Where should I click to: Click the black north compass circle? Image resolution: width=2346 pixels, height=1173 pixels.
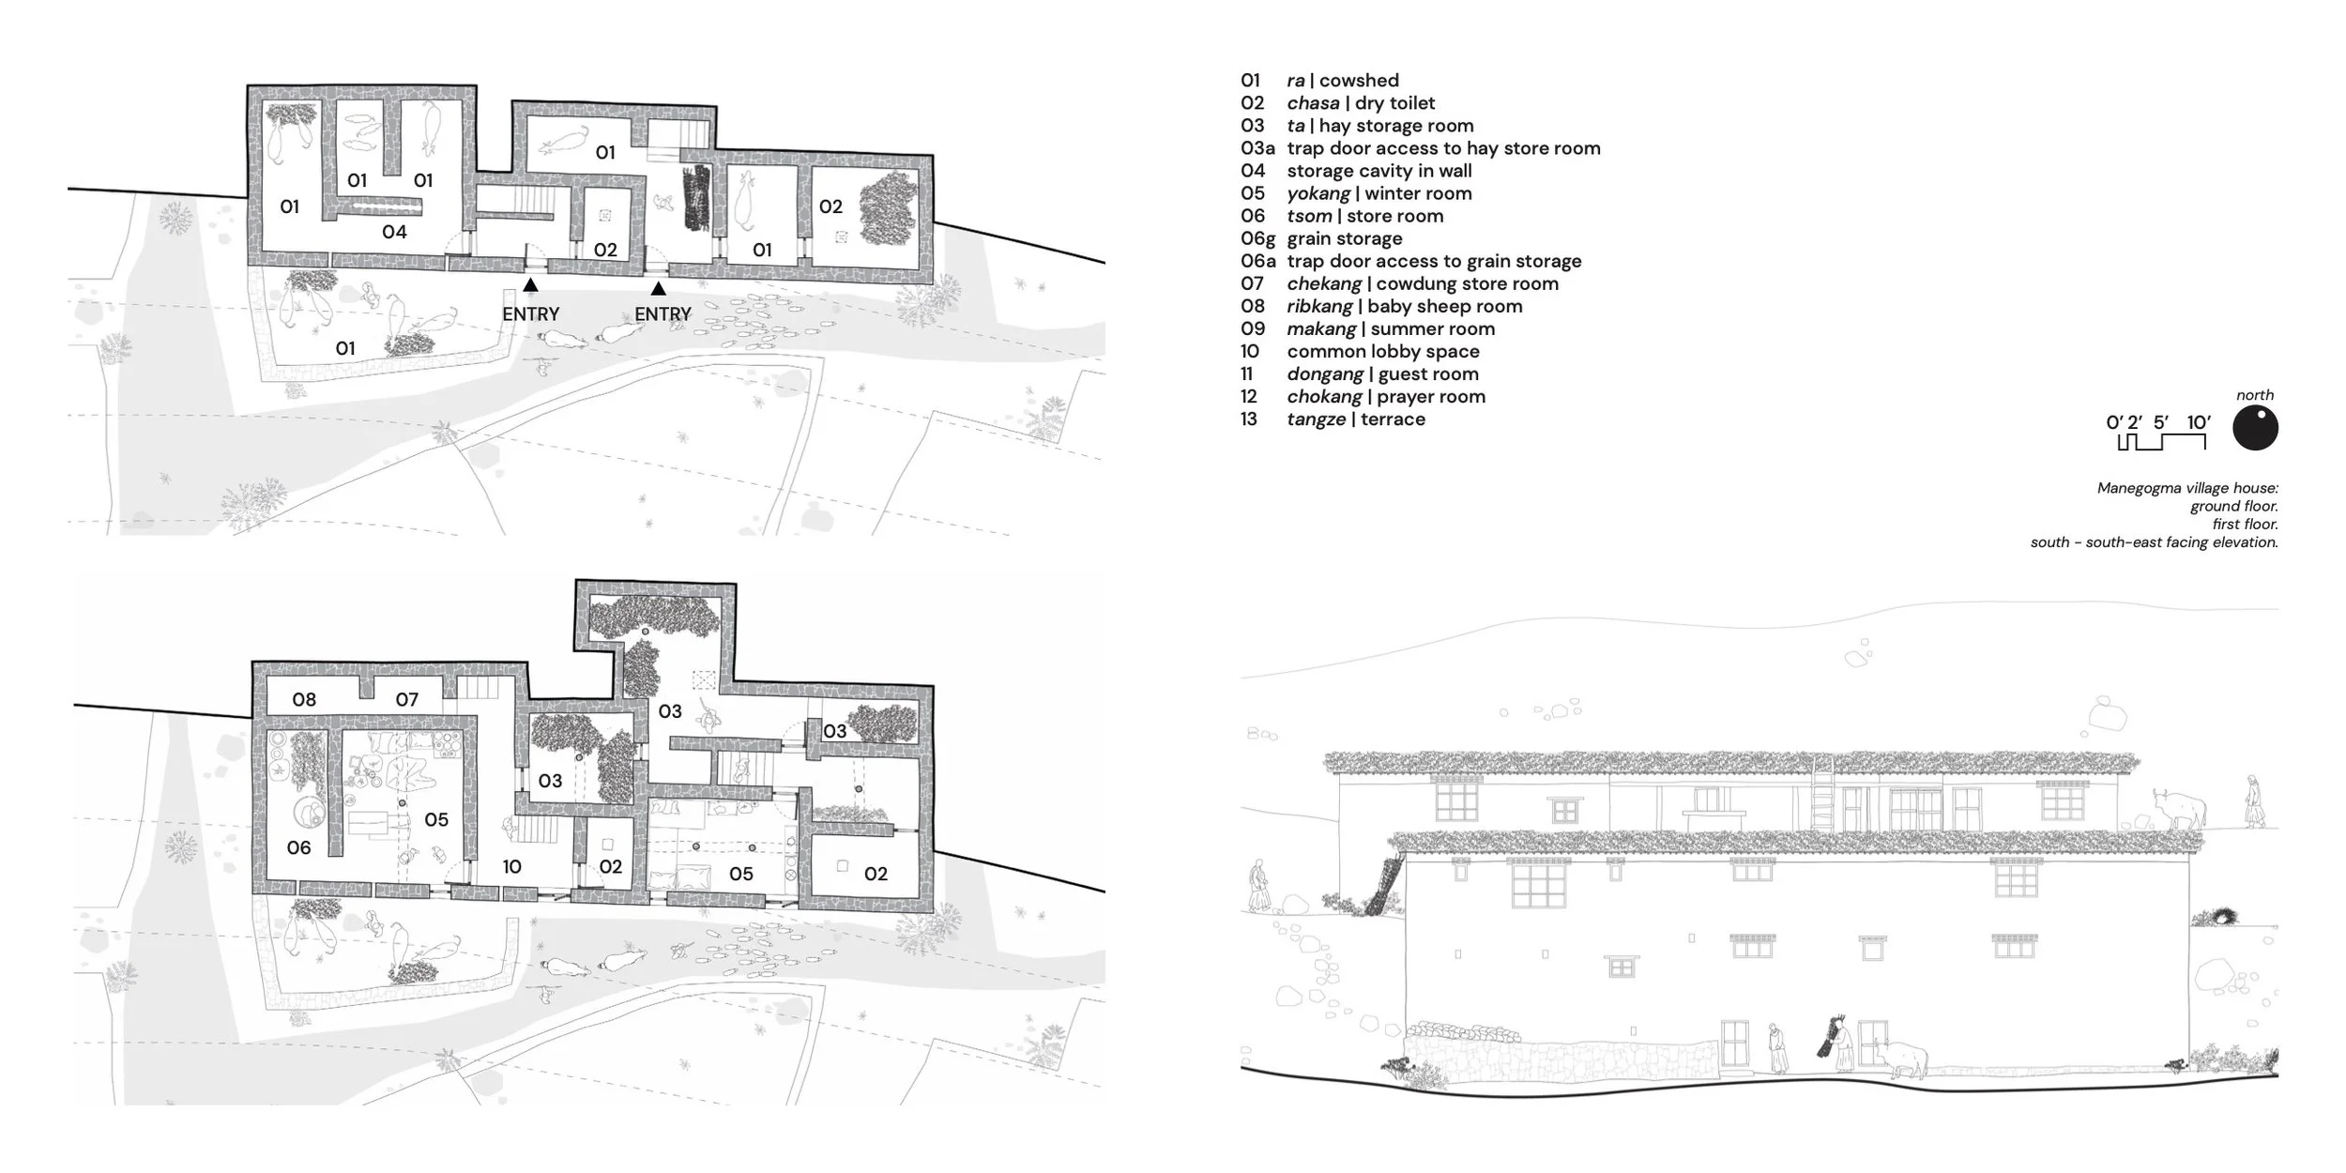(2255, 429)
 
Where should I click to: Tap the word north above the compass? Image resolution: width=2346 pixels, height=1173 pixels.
(2255, 395)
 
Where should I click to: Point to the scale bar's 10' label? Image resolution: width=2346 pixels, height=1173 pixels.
(2199, 422)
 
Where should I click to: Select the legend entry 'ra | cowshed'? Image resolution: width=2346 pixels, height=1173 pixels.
(1343, 81)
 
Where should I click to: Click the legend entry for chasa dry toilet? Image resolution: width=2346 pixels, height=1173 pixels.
(1361, 103)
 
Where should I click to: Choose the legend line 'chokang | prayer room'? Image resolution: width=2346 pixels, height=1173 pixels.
(1386, 397)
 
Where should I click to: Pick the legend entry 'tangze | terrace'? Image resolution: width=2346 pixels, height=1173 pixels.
(1356, 419)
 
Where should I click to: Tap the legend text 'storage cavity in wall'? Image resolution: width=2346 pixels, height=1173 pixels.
(1379, 171)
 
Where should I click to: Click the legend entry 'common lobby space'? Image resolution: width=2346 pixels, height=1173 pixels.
(1383, 352)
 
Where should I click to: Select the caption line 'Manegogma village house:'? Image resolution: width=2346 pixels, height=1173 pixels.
(2187, 489)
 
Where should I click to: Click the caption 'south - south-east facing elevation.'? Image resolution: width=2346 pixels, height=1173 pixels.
(2154, 542)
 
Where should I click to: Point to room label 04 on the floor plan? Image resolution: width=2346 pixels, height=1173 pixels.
(394, 232)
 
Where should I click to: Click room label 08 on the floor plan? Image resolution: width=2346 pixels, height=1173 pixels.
(304, 699)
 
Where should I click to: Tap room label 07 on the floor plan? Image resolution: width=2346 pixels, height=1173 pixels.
(406, 699)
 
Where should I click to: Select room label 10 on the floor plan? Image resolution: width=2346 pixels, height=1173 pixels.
(511, 867)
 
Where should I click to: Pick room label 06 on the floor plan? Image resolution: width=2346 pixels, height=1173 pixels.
(298, 848)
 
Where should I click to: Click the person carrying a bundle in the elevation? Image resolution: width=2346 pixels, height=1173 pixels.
(1840, 1042)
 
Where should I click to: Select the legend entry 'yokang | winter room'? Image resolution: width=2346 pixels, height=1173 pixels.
(1379, 193)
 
